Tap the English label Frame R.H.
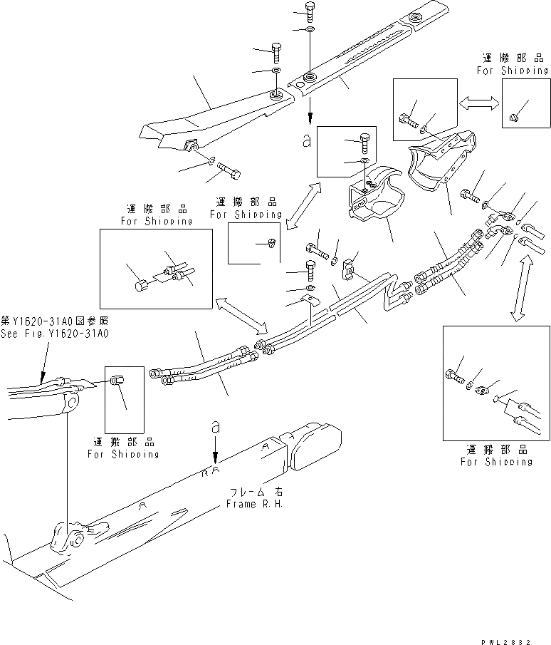(x=256, y=504)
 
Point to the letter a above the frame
(x=214, y=428)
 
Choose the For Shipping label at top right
(x=513, y=71)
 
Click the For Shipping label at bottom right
(x=495, y=462)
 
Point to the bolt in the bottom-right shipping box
(x=453, y=375)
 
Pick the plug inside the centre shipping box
(x=271, y=244)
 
